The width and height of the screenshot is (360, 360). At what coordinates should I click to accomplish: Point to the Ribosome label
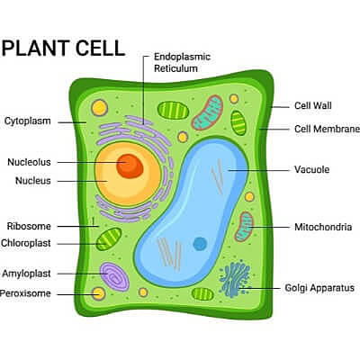tap(29, 226)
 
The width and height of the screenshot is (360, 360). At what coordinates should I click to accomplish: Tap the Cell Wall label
tap(313, 105)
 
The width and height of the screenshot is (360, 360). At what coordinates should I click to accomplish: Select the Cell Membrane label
tap(327, 129)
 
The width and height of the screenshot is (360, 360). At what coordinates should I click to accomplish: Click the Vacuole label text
tap(312, 169)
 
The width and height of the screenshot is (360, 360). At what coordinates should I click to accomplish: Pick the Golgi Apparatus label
tap(319, 288)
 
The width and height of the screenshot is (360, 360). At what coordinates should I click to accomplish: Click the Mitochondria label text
tap(322, 228)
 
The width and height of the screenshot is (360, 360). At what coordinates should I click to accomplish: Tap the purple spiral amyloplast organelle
tap(114, 275)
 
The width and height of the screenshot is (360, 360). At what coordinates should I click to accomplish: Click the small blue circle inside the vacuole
tap(200, 244)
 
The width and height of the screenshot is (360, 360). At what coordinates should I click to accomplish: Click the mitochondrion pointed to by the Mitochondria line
tap(244, 227)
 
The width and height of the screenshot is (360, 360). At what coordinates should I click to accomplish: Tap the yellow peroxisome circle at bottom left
tap(99, 292)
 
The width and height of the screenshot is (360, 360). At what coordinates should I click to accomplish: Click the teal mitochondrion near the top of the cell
tap(209, 111)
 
